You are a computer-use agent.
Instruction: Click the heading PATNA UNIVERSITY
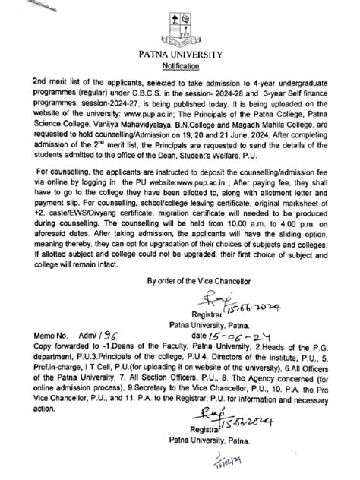pyautogui.click(x=180, y=54)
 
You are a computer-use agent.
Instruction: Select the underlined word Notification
pyautogui.click(x=180, y=65)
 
